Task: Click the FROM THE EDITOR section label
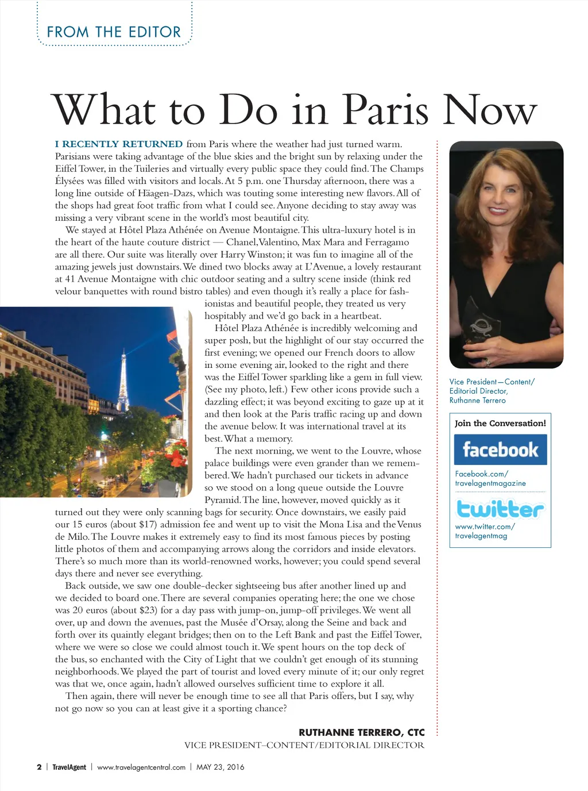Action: (x=114, y=32)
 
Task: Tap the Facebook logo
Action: (x=500, y=450)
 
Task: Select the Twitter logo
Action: (x=500, y=509)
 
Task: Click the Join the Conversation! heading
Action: (x=500, y=423)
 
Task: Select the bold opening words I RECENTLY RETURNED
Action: (x=119, y=144)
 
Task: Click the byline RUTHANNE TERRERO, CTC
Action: (x=362, y=732)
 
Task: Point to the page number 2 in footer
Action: (x=39, y=767)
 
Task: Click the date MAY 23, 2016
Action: (x=220, y=767)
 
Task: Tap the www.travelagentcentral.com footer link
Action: (x=141, y=767)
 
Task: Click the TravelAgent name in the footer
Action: (x=69, y=767)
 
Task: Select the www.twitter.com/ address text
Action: (x=485, y=526)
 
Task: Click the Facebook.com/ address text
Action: (x=481, y=474)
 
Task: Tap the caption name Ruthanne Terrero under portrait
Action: (x=477, y=400)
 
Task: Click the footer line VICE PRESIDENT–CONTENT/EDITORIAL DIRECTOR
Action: (x=304, y=745)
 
